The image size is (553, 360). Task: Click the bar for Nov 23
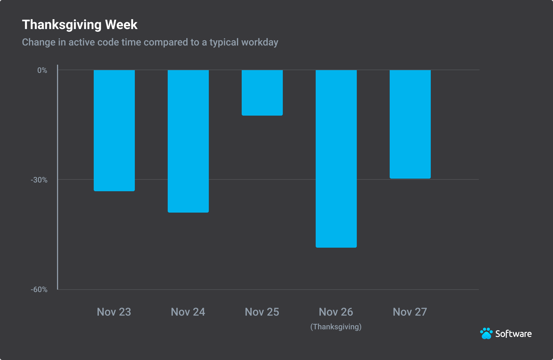[114, 130]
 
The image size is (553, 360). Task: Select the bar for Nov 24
[188, 141]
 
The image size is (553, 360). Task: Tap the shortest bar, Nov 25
[262, 93]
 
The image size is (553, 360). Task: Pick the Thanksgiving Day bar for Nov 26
[336, 159]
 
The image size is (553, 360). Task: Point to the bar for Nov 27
[410, 124]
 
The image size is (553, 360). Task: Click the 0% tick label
[42, 70]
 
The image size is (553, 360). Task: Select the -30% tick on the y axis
[39, 180]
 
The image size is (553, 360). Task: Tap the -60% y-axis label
[39, 290]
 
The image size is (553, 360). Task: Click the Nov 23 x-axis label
[114, 312]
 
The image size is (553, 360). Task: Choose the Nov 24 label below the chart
[188, 312]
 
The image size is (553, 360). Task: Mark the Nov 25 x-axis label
[262, 312]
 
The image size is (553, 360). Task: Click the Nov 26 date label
[336, 312]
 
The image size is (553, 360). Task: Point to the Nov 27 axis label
[410, 312]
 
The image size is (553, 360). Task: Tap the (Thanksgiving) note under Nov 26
[336, 327]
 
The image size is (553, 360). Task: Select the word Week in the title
[121, 25]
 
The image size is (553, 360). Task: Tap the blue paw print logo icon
[486, 333]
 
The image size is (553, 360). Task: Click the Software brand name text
[513, 334]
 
